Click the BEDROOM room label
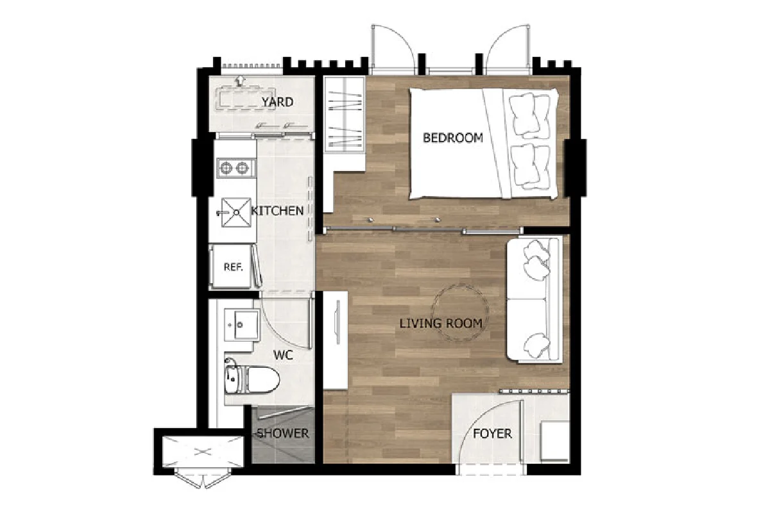click(x=453, y=138)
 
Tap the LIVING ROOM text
click(x=441, y=324)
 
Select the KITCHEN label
click(x=277, y=210)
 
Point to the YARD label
click(x=277, y=102)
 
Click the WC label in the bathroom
click(x=283, y=355)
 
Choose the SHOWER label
click(x=283, y=433)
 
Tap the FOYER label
click(x=492, y=434)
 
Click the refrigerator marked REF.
click(x=232, y=266)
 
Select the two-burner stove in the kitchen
click(x=237, y=168)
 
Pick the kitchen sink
click(x=236, y=213)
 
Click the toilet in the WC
click(x=252, y=379)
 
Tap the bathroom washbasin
click(x=242, y=325)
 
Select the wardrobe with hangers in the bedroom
click(x=344, y=114)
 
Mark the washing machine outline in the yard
click(x=245, y=99)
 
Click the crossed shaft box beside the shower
click(x=203, y=452)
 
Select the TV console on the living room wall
click(x=336, y=340)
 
